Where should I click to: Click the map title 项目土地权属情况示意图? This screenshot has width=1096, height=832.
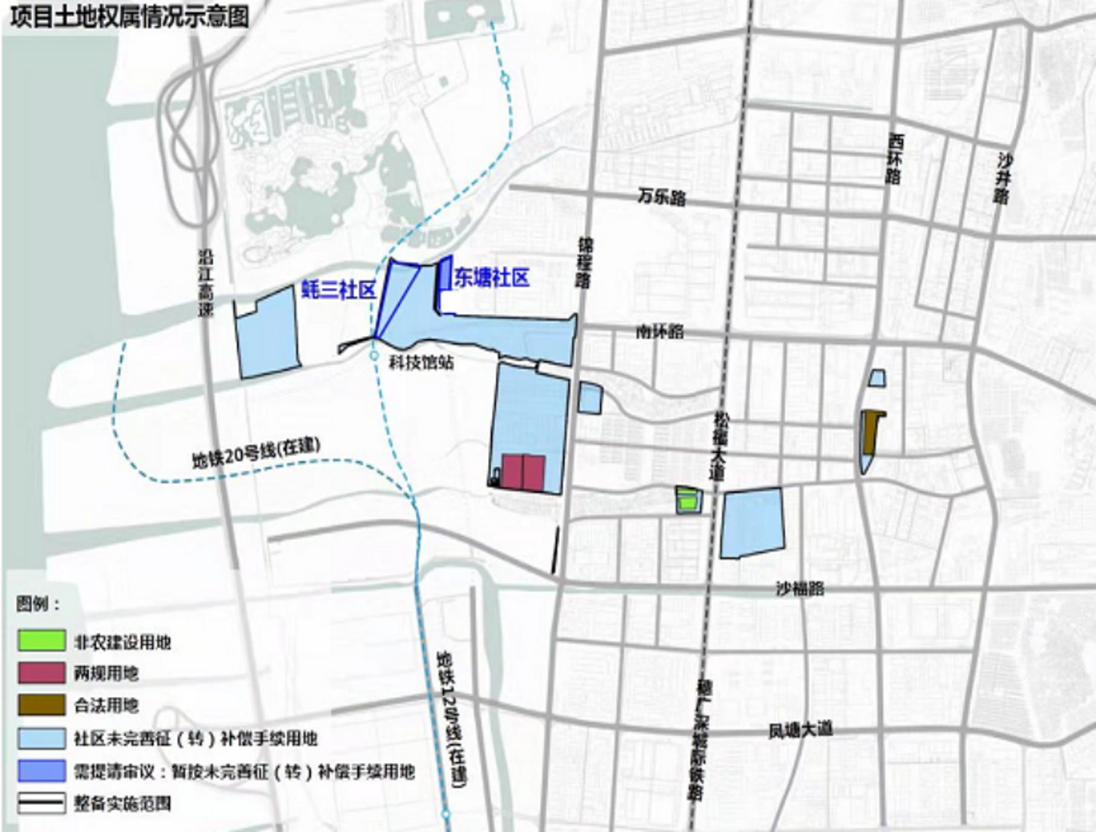point(130,16)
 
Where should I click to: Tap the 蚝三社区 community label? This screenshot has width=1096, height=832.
point(339,290)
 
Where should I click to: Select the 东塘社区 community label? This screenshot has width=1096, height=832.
point(492,278)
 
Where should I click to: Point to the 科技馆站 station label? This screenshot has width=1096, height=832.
point(421,362)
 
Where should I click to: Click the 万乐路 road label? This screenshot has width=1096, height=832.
point(661,197)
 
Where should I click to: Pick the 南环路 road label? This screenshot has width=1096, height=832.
point(659,332)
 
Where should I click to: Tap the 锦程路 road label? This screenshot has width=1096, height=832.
point(585,263)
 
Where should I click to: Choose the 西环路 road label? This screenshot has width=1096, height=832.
point(894,159)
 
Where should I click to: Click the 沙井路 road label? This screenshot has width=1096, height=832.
point(1003,179)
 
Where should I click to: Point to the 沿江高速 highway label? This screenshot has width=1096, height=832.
point(206,283)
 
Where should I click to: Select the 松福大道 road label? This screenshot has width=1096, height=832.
point(721,446)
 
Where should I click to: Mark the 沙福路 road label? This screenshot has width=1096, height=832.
point(800,588)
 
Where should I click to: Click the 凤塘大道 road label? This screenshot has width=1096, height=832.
point(801,729)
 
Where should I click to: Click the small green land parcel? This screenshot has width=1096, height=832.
point(688,500)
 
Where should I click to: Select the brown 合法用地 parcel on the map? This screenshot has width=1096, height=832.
point(871,431)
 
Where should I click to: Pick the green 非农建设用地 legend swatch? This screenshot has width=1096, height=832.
point(41,641)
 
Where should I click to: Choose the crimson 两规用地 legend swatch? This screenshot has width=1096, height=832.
point(41,673)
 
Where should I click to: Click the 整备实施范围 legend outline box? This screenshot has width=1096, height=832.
point(41,803)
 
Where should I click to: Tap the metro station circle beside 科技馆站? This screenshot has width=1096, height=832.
point(375,355)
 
